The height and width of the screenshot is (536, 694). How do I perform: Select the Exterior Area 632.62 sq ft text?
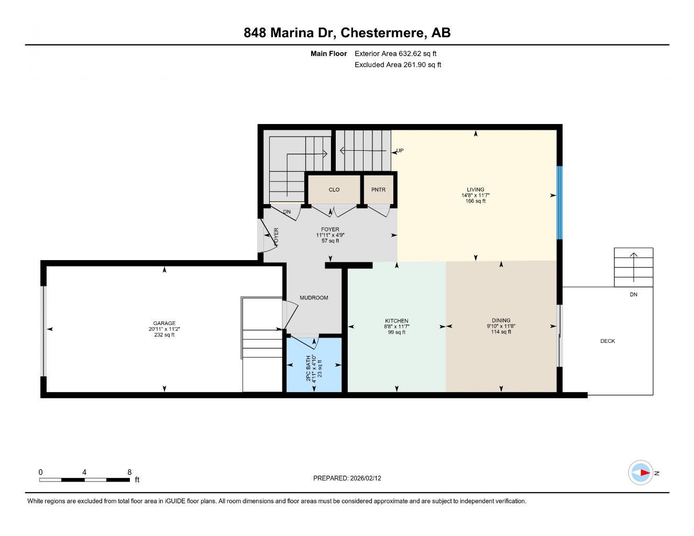click(395, 53)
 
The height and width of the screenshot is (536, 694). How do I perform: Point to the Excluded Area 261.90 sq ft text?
click(398, 65)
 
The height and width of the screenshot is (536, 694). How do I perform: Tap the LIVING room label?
click(475, 189)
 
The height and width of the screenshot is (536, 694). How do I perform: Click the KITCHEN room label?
click(396, 321)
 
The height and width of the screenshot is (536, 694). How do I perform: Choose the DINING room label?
click(501, 320)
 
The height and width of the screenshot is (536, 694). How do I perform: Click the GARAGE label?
click(164, 323)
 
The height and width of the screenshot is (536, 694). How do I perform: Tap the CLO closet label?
click(334, 189)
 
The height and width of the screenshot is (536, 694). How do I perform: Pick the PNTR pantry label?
click(378, 189)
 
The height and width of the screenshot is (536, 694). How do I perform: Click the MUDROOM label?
click(314, 298)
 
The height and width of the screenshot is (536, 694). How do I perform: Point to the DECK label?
click(608, 341)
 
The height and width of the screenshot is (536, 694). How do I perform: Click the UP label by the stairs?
click(400, 151)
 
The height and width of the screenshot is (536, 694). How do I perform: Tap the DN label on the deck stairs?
click(633, 295)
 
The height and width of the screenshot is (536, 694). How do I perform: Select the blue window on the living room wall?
click(559, 203)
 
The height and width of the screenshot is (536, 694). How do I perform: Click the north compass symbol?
click(641, 473)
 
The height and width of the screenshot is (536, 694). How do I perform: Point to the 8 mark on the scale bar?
click(129, 472)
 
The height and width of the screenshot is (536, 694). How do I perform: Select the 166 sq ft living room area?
click(475, 201)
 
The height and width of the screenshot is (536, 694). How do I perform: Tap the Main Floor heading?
click(328, 53)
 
